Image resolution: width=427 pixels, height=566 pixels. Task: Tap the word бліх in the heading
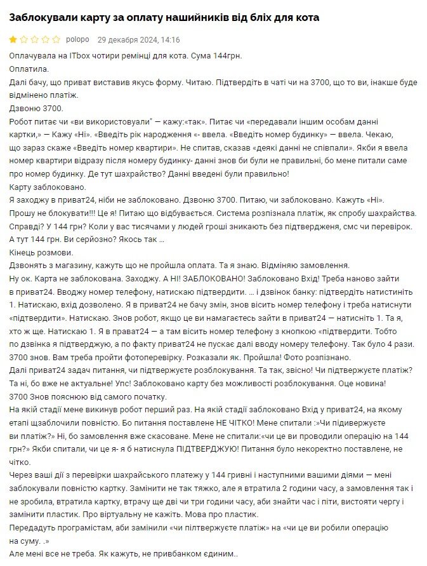pyautogui.click(x=261, y=18)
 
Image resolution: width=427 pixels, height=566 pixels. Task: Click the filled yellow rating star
pyautogui.click(x=13, y=39)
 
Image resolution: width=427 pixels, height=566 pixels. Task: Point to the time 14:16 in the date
pyautogui.click(x=171, y=39)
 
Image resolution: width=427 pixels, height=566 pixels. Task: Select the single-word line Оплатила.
pyautogui.click(x=29, y=69)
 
